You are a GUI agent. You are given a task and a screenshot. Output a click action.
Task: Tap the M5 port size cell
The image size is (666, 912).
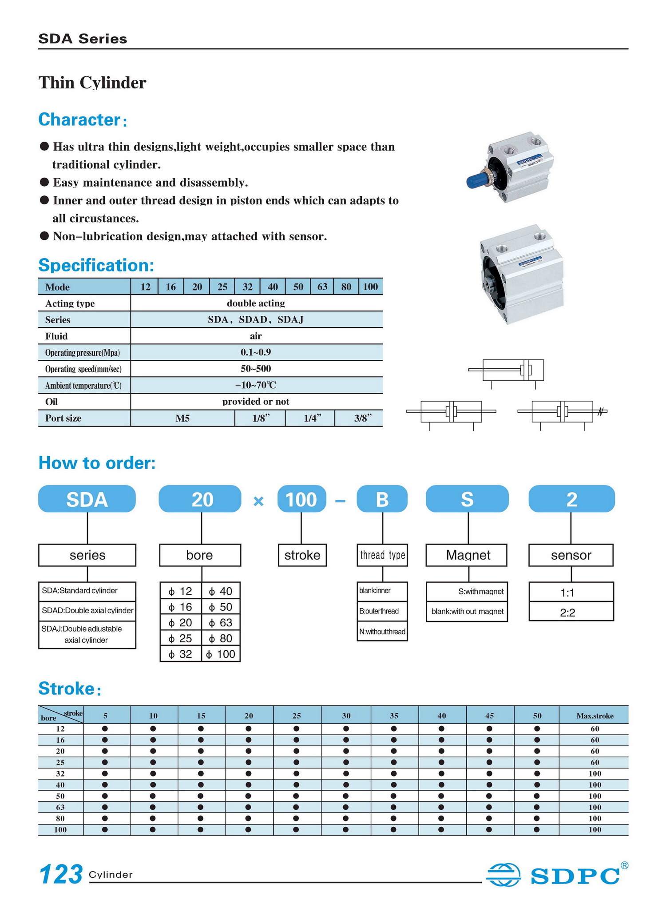[x=182, y=418]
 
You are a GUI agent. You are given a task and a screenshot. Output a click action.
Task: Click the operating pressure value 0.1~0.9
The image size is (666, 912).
[x=256, y=352]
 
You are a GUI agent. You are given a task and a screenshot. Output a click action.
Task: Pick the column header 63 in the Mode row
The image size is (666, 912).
[x=322, y=287]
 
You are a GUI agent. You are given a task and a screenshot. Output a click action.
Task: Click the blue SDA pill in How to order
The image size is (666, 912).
[x=87, y=499]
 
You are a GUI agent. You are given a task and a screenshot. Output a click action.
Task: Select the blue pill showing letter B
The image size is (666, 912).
[x=382, y=499]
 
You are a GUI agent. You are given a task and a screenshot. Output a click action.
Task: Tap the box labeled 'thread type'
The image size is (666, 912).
[x=382, y=555]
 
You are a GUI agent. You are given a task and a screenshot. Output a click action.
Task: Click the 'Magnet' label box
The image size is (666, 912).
[x=467, y=555]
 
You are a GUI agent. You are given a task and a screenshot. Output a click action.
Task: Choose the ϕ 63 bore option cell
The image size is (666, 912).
[x=221, y=623]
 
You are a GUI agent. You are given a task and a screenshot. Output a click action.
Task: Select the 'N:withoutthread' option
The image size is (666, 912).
[x=382, y=632]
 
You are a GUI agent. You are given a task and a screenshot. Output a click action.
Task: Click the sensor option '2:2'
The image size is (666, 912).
[x=571, y=613]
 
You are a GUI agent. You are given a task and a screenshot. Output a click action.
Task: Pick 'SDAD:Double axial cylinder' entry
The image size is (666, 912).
[x=87, y=610]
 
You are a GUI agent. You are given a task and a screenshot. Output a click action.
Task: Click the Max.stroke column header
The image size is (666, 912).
[x=595, y=716]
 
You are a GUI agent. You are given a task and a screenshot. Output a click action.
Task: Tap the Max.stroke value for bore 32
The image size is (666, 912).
[x=595, y=773]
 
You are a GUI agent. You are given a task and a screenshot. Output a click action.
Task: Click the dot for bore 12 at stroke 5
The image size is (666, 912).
[x=105, y=729]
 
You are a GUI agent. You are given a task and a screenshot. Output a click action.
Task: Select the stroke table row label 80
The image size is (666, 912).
[x=60, y=818]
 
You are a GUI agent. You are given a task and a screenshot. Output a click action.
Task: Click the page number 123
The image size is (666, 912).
[x=61, y=874]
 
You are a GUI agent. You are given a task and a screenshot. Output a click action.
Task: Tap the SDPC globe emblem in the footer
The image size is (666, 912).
[x=503, y=874]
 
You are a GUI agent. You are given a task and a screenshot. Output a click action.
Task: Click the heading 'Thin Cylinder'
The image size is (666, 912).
[x=92, y=83]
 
